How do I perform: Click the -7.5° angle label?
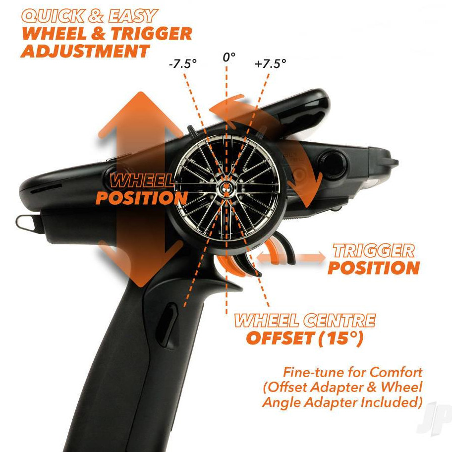pos(183,63)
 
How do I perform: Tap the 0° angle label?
pos(228,57)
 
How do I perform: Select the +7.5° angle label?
pos(271,63)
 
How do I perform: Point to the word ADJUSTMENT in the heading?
pos(85,51)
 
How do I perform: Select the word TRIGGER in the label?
pos(374,250)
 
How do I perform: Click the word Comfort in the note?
pos(396,372)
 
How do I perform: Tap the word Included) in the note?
pos(392,402)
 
